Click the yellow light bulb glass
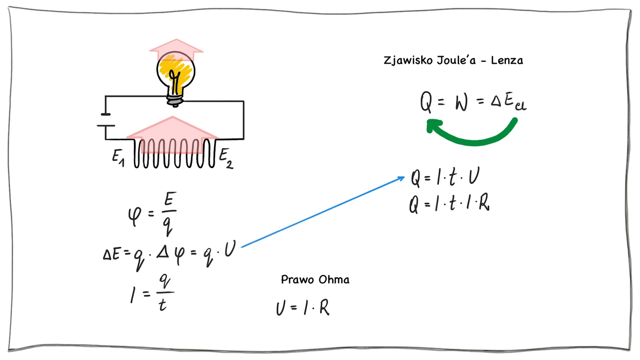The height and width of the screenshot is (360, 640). pyautogui.click(x=176, y=72)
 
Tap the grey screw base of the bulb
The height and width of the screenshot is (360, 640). pyautogui.click(x=175, y=100)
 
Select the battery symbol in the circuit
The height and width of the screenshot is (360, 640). pyautogui.click(x=106, y=120)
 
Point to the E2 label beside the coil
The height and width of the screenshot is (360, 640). pyautogui.click(x=226, y=158)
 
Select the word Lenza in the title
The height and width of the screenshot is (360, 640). pyautogui.click(x=507, y=60)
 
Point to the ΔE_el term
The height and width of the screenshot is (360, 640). pyautogui.click(x=509, y=101)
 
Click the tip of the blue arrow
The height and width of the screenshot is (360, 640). pyautogui.click(x=403, y=178)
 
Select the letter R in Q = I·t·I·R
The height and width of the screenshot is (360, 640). pyautogui.click(x=484, y=202)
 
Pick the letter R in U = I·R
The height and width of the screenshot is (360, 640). pyautogui.click(x=324, y=307)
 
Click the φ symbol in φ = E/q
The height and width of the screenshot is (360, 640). pyautogui.click(x=135, y=216)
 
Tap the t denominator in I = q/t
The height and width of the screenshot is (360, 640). pyautogui.click(x=162, y=304)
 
